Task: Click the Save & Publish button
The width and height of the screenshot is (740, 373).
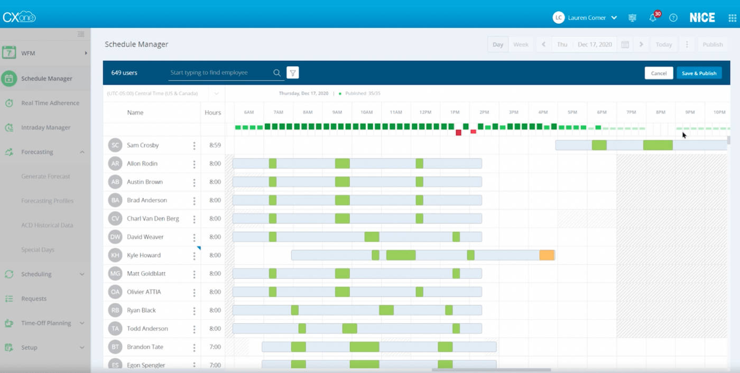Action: coord(699,73)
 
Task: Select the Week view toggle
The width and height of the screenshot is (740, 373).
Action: coord(521,45)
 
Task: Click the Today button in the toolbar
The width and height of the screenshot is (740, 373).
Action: coord(663,45)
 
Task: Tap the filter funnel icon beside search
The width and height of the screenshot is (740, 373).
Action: coord(293,73)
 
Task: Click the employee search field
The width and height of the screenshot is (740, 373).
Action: coord(219,73)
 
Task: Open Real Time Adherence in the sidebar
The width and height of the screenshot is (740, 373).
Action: coord(50,103)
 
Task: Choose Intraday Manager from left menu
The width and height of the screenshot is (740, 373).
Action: coord(45,127)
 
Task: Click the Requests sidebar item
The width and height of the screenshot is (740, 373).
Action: coord(34,299)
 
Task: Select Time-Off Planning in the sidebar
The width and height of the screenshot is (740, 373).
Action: coord(46,323)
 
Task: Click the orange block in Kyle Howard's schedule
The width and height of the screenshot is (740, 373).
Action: coord(547,255)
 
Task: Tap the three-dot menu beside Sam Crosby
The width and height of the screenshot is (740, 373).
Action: coord(194,146)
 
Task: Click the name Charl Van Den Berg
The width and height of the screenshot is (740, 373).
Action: coord(153,219)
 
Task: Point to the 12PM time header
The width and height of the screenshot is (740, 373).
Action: coord(425,113)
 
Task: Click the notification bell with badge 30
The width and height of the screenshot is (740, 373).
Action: coord(653,18)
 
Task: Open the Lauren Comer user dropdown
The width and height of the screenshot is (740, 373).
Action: coord(585,18)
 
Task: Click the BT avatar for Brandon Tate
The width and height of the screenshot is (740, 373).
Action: coord(115,347)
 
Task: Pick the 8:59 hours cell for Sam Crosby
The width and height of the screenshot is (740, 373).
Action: coord(215,145)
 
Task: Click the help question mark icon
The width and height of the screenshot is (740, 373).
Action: coord(673,18)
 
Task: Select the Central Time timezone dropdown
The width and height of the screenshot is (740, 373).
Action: coord(163,94)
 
